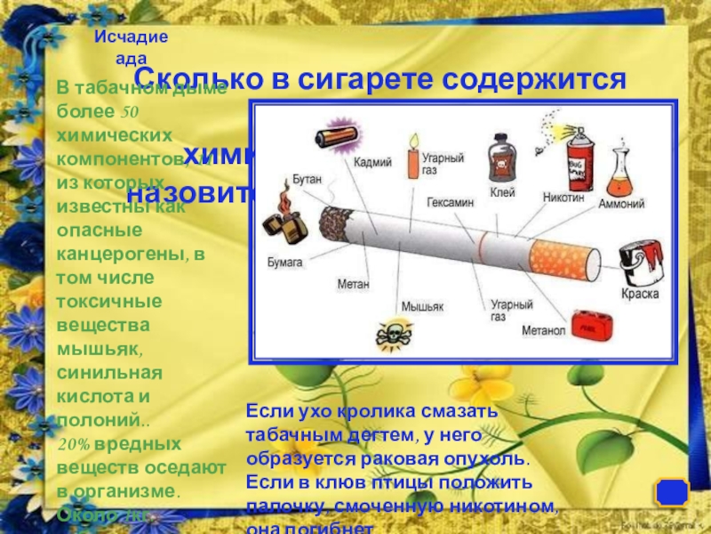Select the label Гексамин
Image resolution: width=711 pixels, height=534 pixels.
click(x=449, y=202)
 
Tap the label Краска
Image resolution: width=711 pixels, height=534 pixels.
click(x=640, y=291)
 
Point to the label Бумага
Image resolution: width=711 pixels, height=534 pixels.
click(x=285, y=263)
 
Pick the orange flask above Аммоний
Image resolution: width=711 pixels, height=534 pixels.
click(x=619, y=174)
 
